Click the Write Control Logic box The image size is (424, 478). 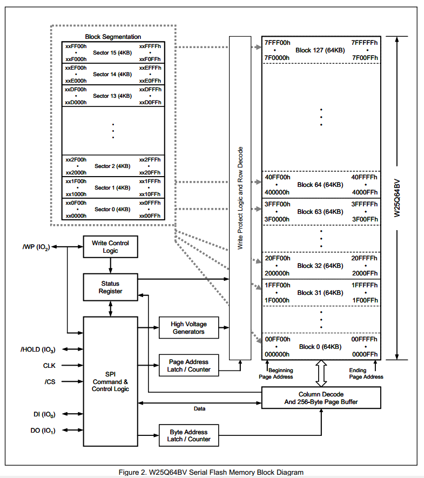click(110, 247)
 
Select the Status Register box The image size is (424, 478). click(110, 287)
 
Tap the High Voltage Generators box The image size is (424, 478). click(189, 328)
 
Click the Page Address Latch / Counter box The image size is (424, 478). click(189, 365)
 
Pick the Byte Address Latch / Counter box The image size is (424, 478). click(189, 435)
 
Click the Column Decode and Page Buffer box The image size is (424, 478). click(321, 398)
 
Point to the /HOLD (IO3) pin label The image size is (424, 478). click(38, 349)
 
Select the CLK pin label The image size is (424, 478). click(49, 366)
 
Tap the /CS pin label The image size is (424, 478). click(50, 382)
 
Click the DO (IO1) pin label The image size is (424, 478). click(43, 431)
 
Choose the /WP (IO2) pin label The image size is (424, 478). click(36, 247)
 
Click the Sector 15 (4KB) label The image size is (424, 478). click(112, 53)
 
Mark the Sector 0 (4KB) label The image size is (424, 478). click(112, 210)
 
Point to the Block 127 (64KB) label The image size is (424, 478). click(320, 50)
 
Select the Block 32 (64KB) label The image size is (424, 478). click(320, 266)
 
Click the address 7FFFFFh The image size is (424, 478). click(364, 43)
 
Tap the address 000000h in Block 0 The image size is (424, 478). click(277, 354)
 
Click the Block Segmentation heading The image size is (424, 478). click(113, 37)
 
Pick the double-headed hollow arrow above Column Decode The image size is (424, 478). click(321, 373)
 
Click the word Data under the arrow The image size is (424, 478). click(200, 408)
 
